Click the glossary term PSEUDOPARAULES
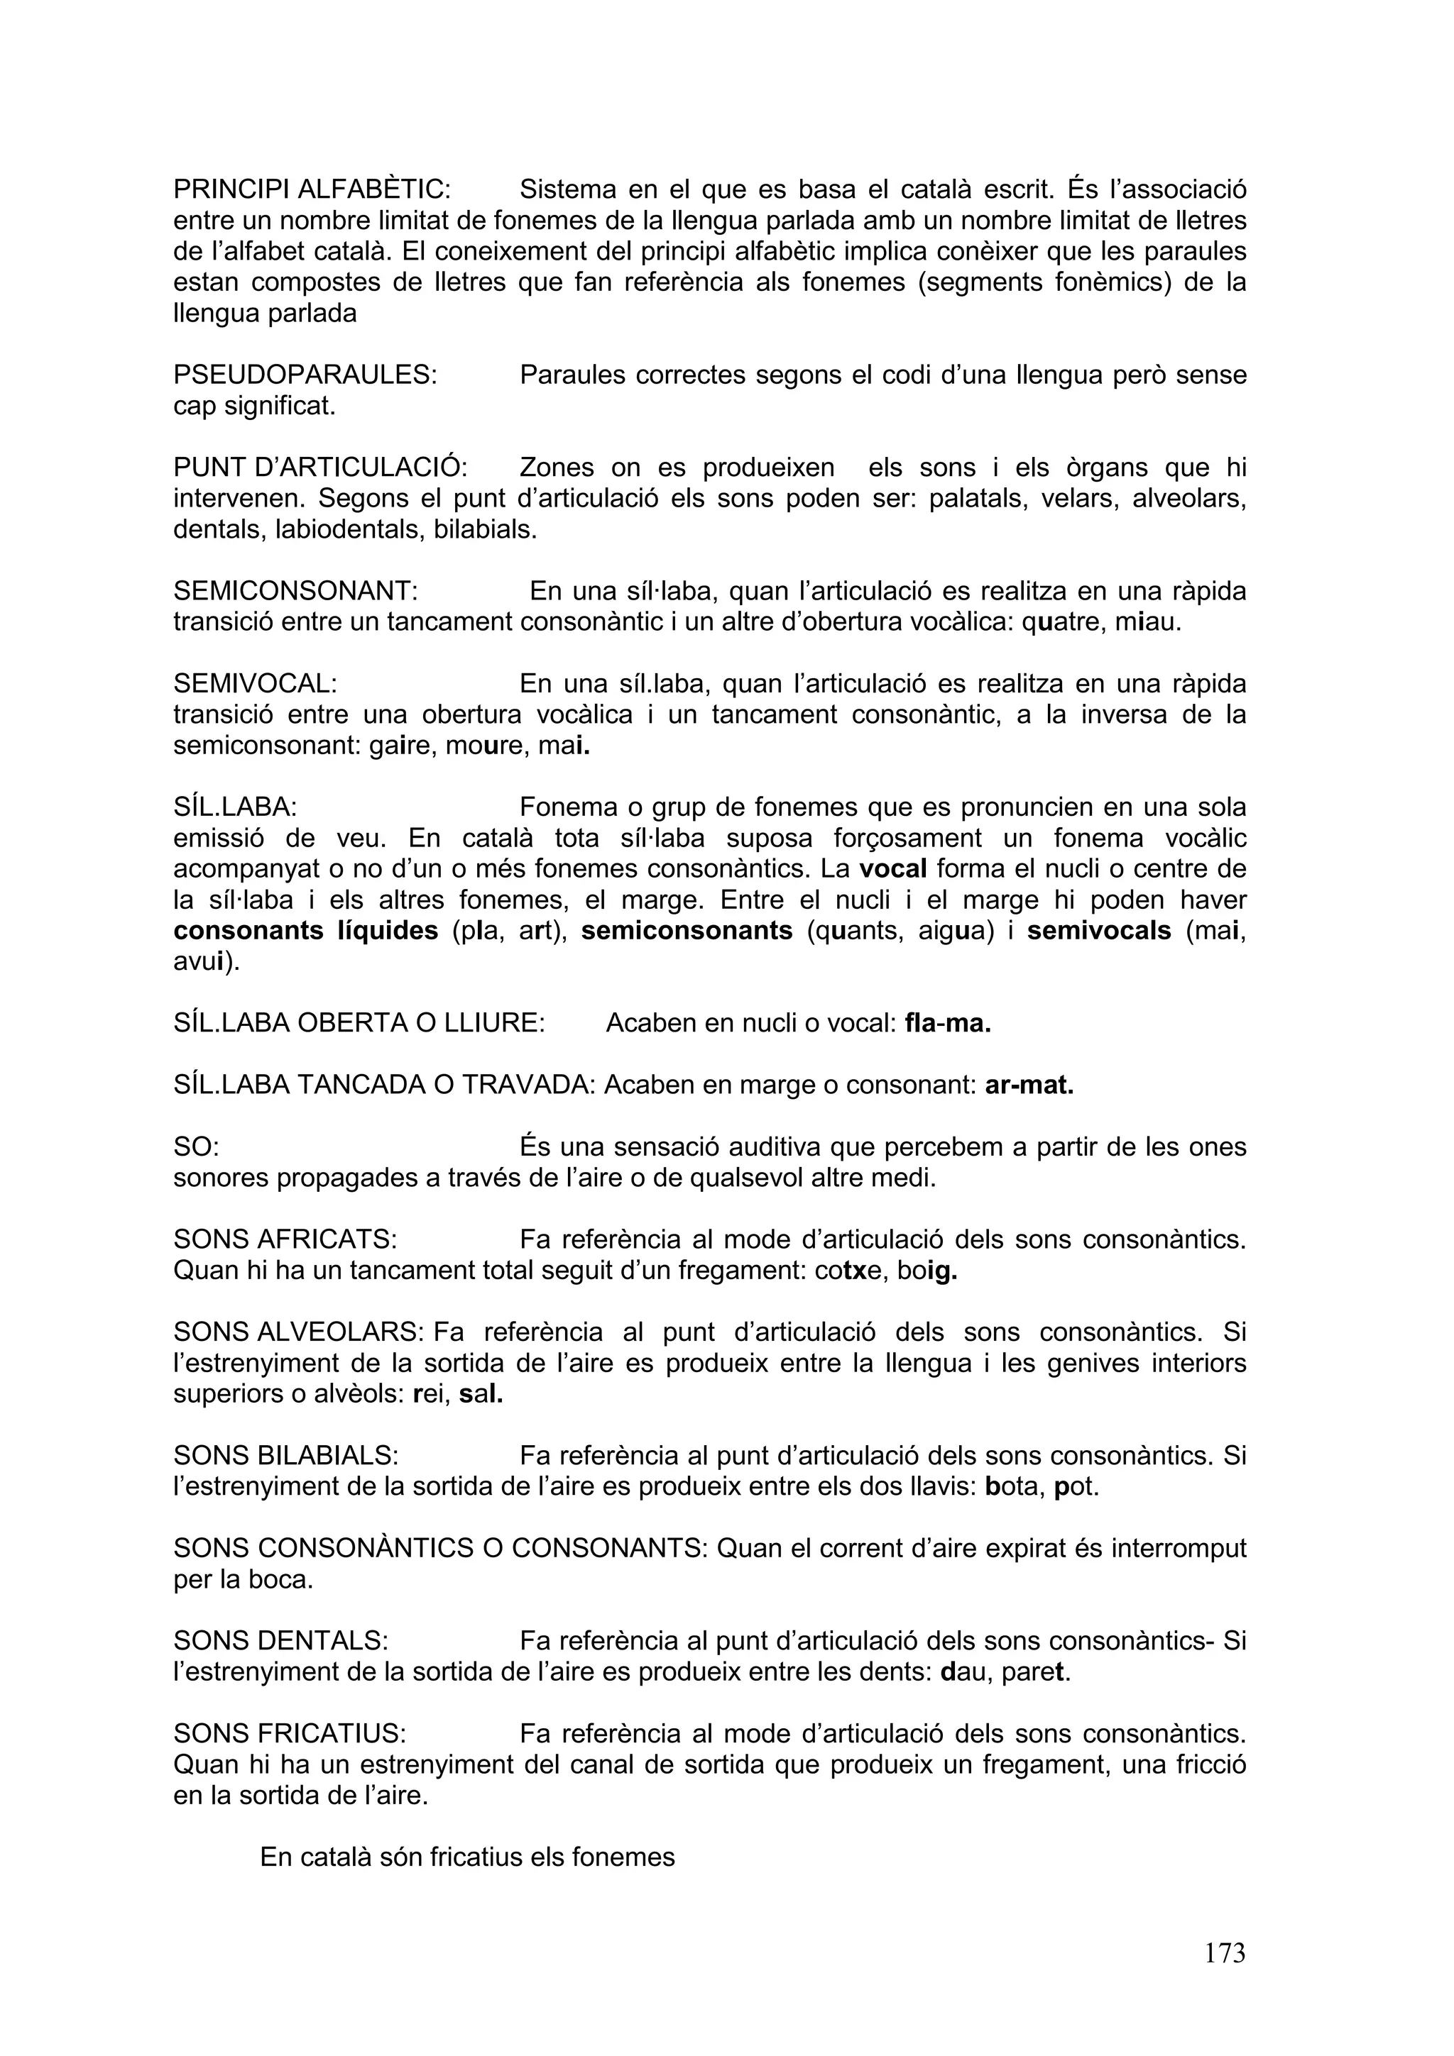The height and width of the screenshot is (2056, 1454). point(305,375)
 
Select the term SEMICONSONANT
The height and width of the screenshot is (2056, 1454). point(295,591)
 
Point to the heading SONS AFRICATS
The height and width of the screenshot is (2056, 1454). point(285,1239)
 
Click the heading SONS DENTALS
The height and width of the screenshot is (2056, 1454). point(280,1640)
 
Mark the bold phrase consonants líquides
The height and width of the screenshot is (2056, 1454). point(305,932)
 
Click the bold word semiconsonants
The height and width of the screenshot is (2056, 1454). point(687,932)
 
